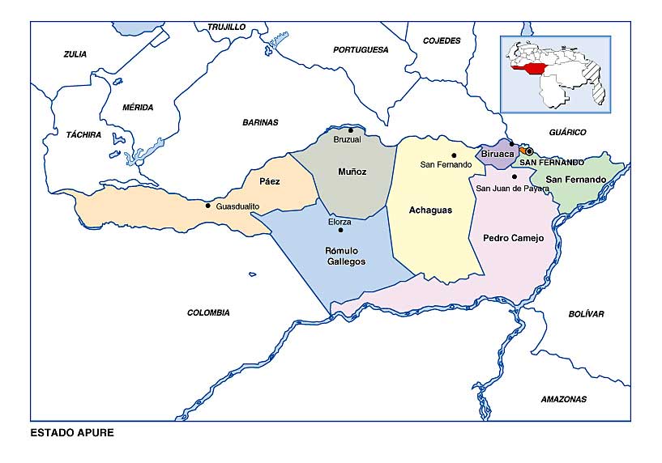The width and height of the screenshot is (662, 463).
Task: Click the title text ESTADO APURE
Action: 72,432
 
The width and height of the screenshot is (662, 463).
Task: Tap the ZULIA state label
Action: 75,54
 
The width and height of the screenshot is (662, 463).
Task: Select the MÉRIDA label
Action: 137,107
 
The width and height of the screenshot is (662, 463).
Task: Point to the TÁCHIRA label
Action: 83,134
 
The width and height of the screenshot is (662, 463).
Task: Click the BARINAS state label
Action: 260,122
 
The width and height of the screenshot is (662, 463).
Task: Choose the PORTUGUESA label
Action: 361,49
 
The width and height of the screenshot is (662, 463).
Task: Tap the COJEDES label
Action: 442,40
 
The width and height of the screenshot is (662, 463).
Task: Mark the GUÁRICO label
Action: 567,132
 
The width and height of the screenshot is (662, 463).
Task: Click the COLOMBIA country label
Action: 208,312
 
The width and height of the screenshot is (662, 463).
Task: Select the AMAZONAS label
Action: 563,399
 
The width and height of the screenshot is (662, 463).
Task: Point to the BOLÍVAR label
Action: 586,314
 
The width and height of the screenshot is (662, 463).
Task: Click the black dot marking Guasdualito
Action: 208,206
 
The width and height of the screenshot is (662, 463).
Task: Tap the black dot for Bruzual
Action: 351,130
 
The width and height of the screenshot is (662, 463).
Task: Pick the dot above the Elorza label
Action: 340,230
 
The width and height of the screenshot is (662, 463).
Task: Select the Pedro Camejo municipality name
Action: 512,238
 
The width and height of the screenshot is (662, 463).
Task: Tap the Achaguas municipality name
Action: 429,210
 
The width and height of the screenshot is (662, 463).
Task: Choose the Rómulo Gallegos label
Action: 345,256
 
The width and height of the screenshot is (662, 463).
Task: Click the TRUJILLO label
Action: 226,27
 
